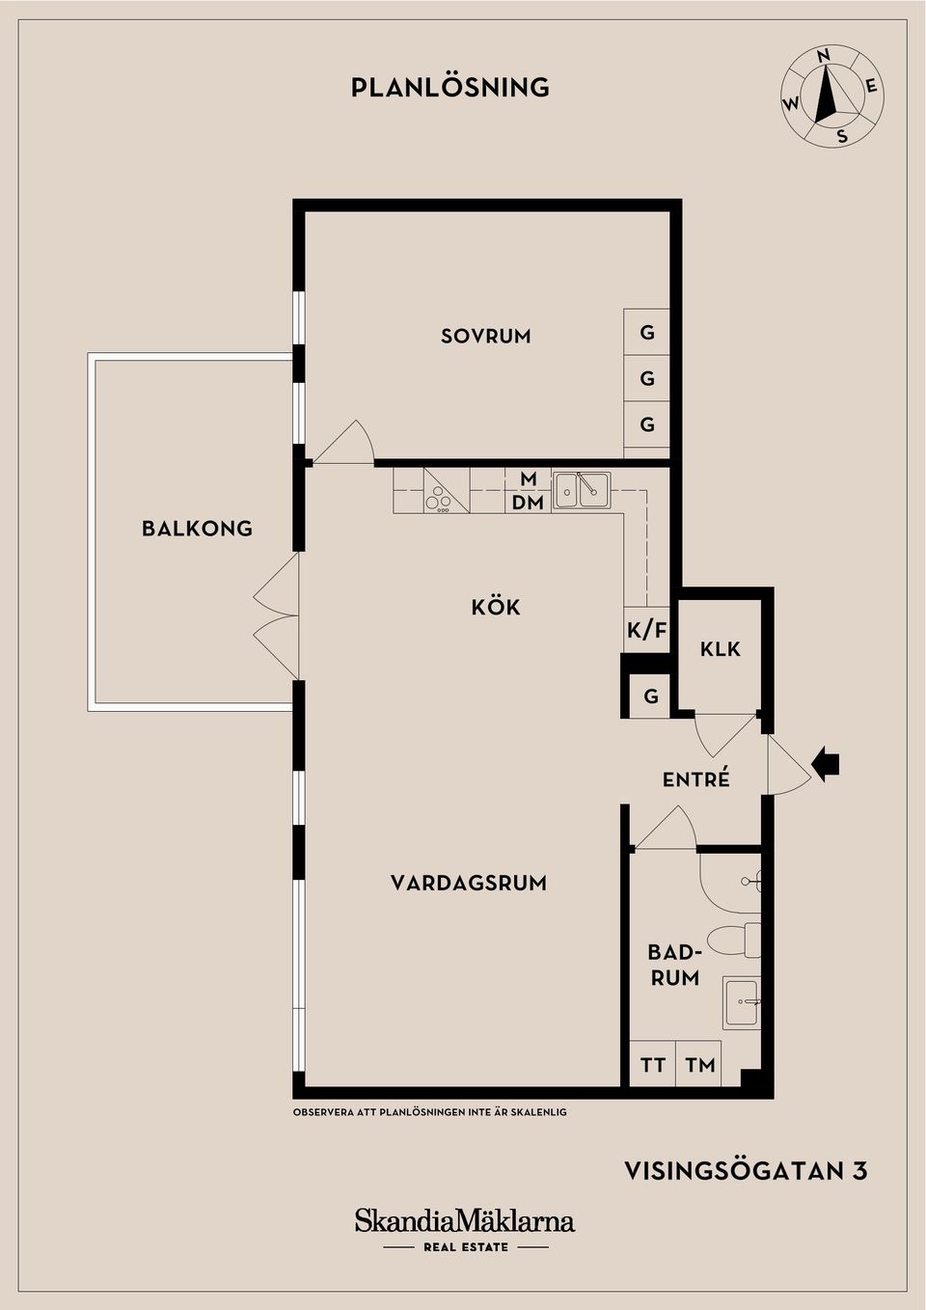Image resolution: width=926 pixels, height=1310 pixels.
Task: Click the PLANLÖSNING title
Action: pyautogui.click(x=450, y=88)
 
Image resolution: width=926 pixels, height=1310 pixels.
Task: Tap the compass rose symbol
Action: pyautogui.click(x=831, y=96)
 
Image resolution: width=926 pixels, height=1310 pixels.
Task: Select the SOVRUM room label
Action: pyautogui.click(x=486, y=336)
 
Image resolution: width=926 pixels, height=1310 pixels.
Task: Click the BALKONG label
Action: pyautogui.click(x=197, y=529)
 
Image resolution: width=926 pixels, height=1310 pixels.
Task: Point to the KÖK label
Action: pyautogui.click(x=496, y=607)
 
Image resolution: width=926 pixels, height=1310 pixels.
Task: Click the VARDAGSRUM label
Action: pyautogui.click(x=469, y=883)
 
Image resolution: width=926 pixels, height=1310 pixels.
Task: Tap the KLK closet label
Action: pyautogui.click(x=720, y=649)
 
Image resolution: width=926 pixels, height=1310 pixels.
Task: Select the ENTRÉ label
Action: pyautogui.click(x=695, y=779)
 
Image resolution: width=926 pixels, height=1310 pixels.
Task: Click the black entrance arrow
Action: pyautogui.click(x=826, y=764)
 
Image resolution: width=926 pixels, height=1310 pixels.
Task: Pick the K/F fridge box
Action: pyautogui.click(x=646, y=631)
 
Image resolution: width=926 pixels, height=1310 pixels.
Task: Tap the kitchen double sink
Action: pyautogui.click(x=581, y=490)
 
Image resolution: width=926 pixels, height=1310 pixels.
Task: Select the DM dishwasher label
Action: pyautogui.click(x=528, y=503)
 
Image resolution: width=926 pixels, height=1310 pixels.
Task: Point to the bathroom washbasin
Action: pyautogui.click(x=741, y=1002)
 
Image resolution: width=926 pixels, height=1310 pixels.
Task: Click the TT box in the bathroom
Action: pyautogui.click(x=653, y=1065)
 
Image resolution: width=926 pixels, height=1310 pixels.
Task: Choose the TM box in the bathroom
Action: pyautogui.click(x=700, y=1065)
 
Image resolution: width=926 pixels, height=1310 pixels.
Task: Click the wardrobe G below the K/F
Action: pyautogui.click(x=651, y=696)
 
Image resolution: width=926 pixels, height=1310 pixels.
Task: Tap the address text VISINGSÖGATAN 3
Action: pyautogui.click(x=746, y=1171)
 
